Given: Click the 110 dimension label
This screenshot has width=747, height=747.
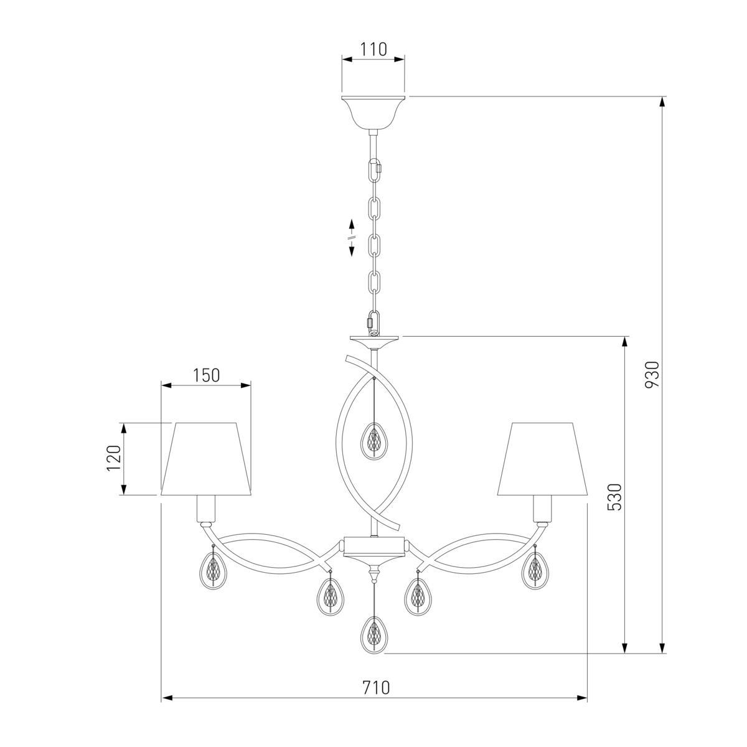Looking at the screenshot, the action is pyautogui.click(x=374, y=49).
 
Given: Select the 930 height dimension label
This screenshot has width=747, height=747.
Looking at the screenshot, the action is pyautogui.click(x=652, y=374).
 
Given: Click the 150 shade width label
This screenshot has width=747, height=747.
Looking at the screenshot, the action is pyautogui.click(x=206, y=375).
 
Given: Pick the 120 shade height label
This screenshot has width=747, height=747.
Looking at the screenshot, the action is pyautogui.click(x=113, y=458).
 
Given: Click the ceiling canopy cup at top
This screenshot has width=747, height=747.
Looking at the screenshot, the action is pyautogui.click(x=374, y=113).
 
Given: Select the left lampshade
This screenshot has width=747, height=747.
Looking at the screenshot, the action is pyautogui.click(x=206, y=459).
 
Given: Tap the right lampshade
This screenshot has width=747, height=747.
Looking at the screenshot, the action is pyautogui.click(x=542, y=459).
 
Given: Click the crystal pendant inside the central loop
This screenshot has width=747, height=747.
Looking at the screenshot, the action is pyautogui.click(x=374, y=441).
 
